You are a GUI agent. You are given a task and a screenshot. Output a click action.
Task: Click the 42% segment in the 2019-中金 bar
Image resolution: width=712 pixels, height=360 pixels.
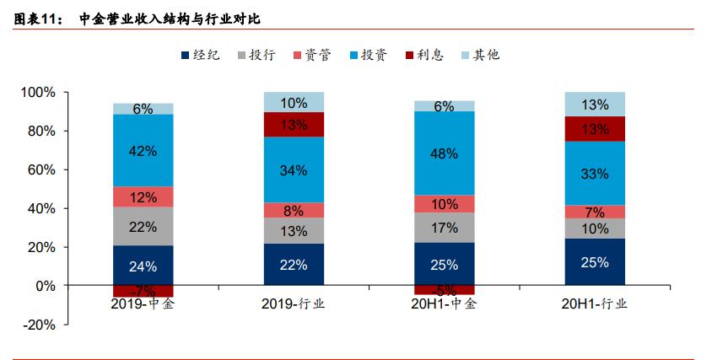click(x=143, y=150)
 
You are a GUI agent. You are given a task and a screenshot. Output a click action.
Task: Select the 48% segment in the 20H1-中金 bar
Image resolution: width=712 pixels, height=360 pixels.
click(x=444, y=153)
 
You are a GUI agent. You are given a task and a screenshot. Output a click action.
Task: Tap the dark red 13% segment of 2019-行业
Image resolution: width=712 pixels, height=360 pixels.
click(x=294, y=125)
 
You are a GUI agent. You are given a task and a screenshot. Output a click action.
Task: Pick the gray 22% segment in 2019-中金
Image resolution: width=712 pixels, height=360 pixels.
click(x=143, y=226)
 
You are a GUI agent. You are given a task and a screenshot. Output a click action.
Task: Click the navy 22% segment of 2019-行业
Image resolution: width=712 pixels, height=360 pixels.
click(x=294, y=265)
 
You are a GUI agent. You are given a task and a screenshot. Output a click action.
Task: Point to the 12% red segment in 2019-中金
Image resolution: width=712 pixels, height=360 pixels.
click(x=143, y=196)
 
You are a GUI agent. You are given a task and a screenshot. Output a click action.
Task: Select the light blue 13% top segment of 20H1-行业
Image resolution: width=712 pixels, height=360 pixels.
click(x=595, y=105)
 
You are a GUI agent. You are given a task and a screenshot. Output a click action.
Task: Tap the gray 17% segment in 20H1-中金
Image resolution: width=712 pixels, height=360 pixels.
click(x=444, y=227)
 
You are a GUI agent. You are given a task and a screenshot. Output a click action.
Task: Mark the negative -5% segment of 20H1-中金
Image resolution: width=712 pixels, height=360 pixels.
click(x=444, y=291)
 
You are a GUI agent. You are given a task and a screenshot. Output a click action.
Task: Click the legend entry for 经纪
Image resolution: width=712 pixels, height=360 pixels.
click(x=200, y=55)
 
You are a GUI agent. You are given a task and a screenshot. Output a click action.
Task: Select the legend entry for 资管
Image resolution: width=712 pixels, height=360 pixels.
click(x=311, y=55)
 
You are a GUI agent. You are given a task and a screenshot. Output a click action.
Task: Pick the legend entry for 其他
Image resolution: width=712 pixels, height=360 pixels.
click(x=480, y=55)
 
